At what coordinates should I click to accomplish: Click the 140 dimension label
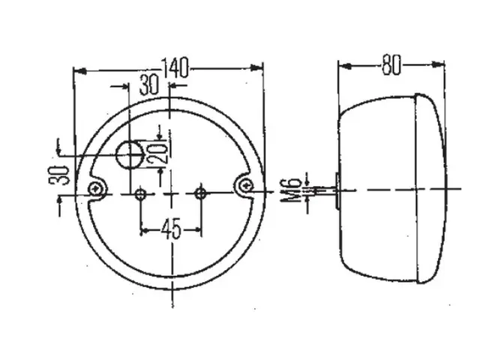(x=175, y=67)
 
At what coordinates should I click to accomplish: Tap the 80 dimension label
(x=391, y=65)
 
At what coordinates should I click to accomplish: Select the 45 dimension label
(x=172, y=229)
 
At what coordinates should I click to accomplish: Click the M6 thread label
(x=291, y=190)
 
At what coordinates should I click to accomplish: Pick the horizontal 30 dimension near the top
(x=149, y=85)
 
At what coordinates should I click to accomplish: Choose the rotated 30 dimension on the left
(x=58, y=175)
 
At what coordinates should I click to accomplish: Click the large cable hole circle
(x=130, y=154)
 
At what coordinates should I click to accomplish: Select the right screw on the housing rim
(x=246, y=185)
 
